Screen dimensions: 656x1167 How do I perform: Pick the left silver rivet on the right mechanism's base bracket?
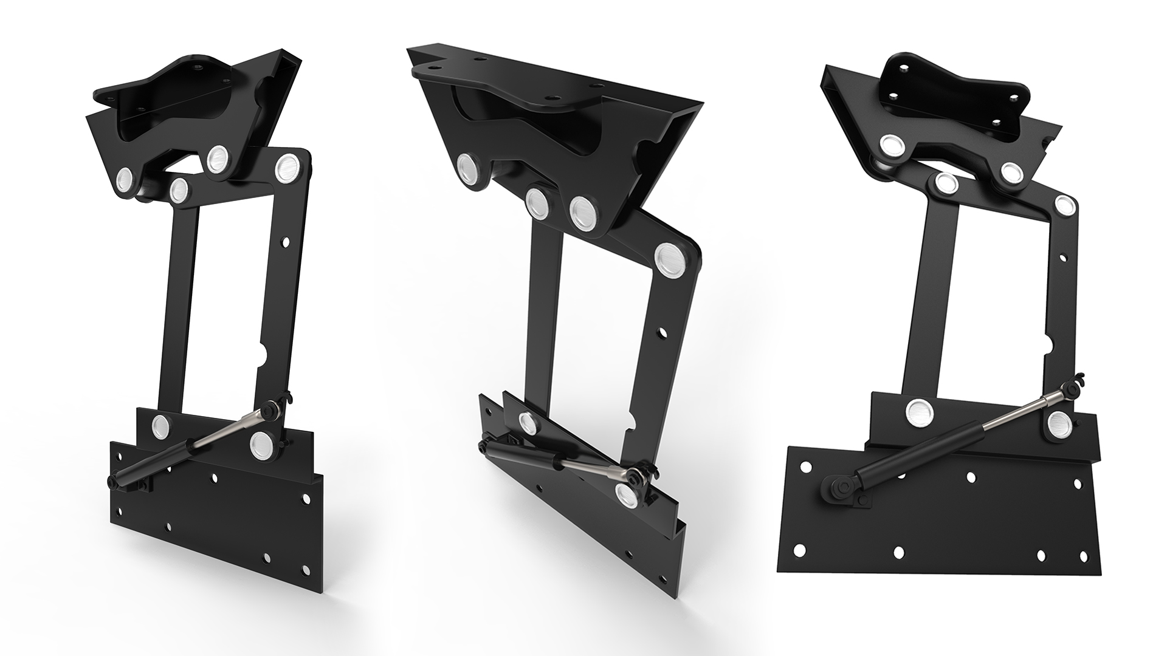918,412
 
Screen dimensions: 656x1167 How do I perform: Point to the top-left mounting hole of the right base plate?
805,468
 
